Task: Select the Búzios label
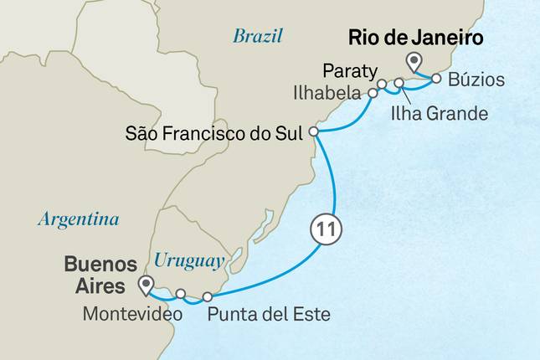[476, 81]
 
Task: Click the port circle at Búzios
[436, 80]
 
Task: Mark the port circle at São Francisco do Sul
[313, 131]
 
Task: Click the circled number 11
[327, 228]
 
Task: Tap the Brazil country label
[258, 36]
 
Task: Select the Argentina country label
[77, 220]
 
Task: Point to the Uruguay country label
[189, 261]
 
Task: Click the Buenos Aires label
[100, 275]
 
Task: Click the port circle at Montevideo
[180, 293]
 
